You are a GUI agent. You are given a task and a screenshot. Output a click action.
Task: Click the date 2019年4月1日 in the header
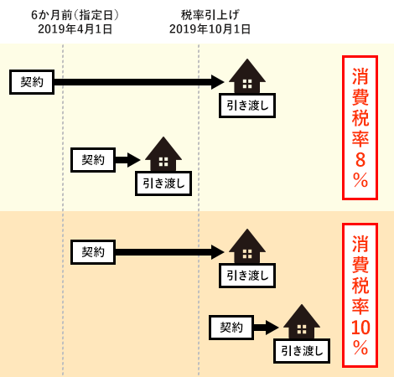pos(75,29)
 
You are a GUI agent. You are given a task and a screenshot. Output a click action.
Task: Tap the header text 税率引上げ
pos(210,15)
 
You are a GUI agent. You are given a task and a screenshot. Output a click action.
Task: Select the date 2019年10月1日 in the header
pos(210,29)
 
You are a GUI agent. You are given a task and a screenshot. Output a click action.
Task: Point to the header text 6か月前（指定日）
pos(75,15)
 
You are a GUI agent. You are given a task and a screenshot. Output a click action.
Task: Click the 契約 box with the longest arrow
pos(32,82)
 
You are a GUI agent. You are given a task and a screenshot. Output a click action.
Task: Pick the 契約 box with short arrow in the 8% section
pos(93,160)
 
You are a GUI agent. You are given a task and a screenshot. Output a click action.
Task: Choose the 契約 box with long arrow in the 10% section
pos(93,252)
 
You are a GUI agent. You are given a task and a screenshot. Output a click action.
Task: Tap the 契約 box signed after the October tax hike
pos(231,328)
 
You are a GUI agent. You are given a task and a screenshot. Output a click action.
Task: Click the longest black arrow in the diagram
pos(139,82)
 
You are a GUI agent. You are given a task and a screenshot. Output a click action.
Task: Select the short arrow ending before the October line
pos(127,160)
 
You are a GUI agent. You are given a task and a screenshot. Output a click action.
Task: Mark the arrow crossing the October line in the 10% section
pos(170,252)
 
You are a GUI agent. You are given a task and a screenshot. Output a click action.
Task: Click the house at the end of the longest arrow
pos(247,76)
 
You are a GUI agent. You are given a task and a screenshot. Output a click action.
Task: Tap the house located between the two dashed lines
pos(163,154)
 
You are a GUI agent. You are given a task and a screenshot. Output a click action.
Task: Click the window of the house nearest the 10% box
pos(302,329)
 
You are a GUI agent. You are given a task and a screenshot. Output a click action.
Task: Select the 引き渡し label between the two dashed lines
pos(163,183)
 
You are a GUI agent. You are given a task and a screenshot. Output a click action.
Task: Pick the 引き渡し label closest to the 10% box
pos(302,351)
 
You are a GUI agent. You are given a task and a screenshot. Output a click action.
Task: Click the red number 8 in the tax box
pos(360,160)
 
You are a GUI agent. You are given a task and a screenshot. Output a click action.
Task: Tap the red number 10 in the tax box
pos(360,328)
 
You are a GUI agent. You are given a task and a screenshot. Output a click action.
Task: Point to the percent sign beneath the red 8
pos(360,180)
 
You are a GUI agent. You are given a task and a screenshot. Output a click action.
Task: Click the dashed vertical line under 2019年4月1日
pos(63,210)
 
